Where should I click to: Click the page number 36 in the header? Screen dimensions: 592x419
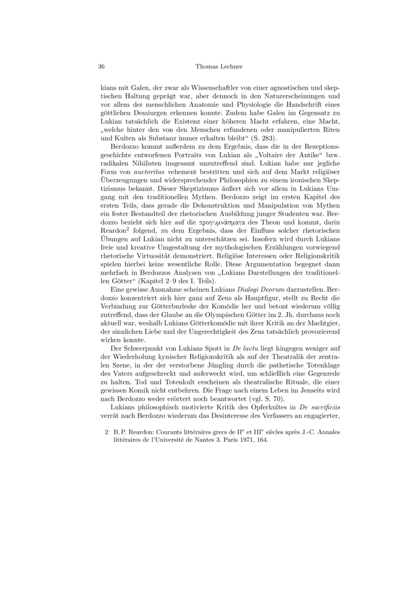click(102, 66)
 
